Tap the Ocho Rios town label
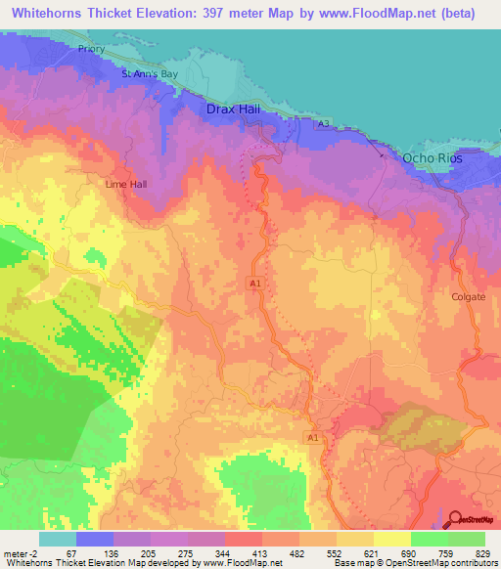[431, 157]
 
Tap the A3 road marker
[322, 123]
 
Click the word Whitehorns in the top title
[46, 12]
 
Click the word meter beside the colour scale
[15, 553]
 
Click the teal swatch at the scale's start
[57, 539]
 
